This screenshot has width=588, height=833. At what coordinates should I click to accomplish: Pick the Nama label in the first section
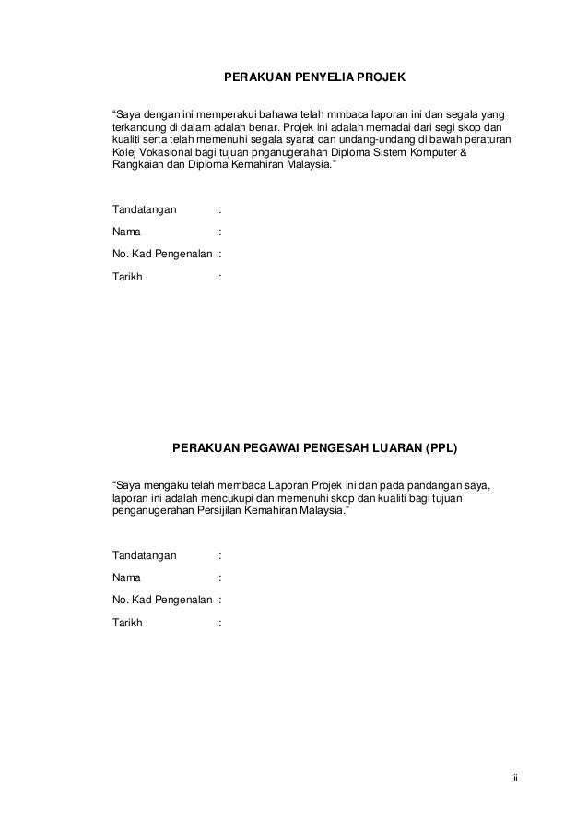tap(127, 232)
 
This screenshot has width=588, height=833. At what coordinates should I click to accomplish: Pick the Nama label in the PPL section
tap(127, 578)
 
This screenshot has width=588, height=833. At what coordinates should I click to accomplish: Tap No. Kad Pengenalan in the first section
tap(161, 254)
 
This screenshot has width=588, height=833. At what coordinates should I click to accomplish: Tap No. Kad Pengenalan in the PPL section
tap(161, 601)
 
